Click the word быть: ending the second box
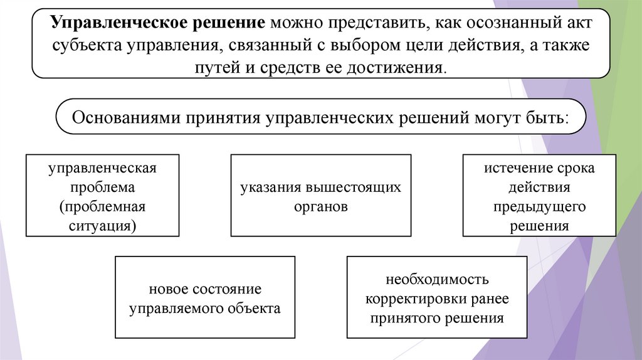point(545,117)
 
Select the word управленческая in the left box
point(102,169)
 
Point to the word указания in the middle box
point(271,188)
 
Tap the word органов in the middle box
point(320,206)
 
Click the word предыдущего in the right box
point(539,206)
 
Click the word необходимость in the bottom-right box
point(438,279)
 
